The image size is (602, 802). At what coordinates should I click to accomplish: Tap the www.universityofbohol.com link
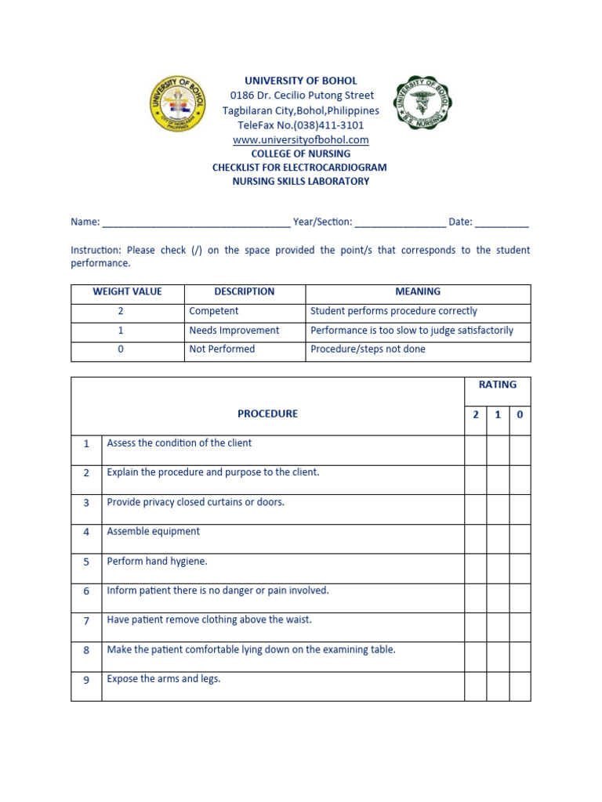coord(301,139)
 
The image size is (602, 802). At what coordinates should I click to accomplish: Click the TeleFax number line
coord(301,125)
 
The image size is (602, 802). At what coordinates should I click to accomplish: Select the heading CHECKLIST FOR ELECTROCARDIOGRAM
coord(299,168)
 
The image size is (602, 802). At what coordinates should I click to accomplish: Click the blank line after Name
coord(196,222)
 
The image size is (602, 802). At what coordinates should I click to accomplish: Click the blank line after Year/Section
coord(401,222)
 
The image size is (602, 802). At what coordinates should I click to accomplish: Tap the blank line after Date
coord(502,222)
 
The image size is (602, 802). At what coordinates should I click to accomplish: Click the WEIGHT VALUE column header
coord(127,291)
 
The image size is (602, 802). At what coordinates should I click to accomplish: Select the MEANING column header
coord(418,291)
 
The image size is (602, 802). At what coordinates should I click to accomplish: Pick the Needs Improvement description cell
coord(234,331)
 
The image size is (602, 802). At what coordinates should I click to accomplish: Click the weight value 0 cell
coord(121,349)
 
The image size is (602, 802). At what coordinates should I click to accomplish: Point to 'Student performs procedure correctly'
coord(393,311)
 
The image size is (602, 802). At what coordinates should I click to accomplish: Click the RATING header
coord(498,385)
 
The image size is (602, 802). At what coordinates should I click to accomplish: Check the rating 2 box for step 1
coord(475,450)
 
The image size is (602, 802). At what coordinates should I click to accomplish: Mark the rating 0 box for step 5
coord(520,569)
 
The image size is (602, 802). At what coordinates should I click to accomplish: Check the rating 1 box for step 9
coord(498,686)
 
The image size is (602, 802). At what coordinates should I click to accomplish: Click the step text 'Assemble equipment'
coord(154,532)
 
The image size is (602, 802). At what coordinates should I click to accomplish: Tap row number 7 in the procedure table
coord(86,620)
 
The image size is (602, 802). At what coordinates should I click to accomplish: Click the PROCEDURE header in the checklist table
coord(267,414)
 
